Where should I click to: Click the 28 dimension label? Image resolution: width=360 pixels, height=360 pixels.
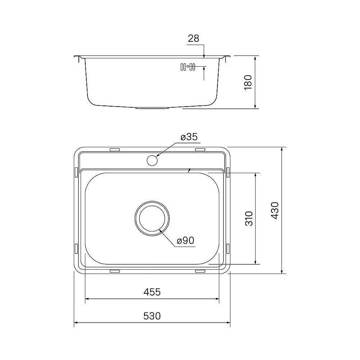(193, 39)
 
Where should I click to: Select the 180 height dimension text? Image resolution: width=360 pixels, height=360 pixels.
(248, 82)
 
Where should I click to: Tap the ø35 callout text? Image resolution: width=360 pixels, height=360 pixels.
(189, 137)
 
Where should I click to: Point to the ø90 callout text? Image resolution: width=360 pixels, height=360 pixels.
(186, 240)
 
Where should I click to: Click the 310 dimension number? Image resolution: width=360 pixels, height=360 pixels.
(249, 219)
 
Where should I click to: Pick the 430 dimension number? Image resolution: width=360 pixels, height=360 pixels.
(275, 210)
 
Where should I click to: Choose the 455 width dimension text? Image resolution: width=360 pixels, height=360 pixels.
(152, 292)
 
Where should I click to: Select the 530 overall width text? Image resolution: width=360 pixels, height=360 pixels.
(152, 316)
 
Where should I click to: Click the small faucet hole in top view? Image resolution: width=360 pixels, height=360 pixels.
(152, 160)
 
